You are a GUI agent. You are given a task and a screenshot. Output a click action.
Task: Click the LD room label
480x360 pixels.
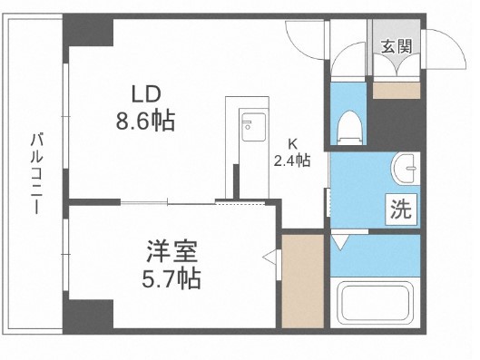click(x=147, y=95)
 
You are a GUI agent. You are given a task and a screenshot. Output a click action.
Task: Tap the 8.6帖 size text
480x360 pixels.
click(x=145, y=118)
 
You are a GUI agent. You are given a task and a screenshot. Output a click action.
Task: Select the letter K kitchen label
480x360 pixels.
click(x=293, y=142)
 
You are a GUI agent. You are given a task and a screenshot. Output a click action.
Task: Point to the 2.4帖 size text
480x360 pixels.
click(x=293, y=161)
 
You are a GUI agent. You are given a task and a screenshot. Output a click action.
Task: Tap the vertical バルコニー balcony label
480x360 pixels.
click(x=35, y=172)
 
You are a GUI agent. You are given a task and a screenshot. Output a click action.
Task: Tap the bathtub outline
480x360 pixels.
click(x=375, y=305)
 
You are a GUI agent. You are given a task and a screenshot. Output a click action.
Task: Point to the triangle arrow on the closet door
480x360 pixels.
click(x=269, y=258)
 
